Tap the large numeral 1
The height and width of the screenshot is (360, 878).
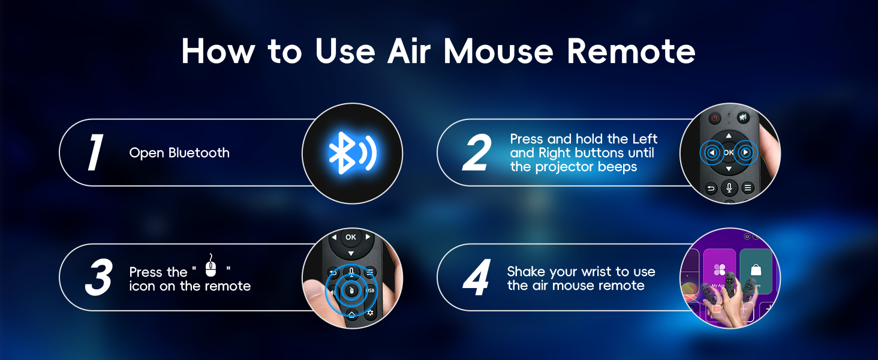[x=95, y=153]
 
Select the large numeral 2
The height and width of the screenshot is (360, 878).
[x=477, y=153]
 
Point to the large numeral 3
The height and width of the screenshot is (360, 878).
[x=98, y=278]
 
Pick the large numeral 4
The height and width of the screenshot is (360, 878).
[x=477, y=278]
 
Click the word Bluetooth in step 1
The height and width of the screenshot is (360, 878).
[x=199, y=153]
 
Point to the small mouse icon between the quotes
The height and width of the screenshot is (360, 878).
[x=210, y=266]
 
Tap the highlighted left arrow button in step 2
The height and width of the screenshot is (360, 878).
[x=712, y=153]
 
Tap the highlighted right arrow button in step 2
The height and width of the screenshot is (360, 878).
[x=745, y=153]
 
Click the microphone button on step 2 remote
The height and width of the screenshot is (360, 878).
[x=729, y=188]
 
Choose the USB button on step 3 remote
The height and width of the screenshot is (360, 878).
[x=369, y=291]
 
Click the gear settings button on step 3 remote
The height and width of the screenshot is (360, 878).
[x=370, y=313]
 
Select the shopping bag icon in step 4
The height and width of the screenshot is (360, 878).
[x=756, y=270]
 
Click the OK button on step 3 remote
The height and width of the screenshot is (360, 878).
[x=351, y=238]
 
